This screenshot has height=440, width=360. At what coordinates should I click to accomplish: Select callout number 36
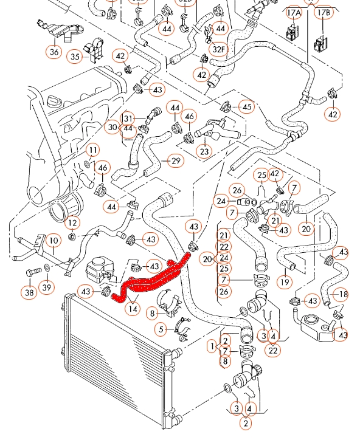54,52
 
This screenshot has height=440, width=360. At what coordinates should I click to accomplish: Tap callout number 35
75,57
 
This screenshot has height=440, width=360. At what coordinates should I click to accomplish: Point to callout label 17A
294,13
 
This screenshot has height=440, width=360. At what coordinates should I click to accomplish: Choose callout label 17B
324,13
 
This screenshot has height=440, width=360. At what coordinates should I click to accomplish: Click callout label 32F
218,49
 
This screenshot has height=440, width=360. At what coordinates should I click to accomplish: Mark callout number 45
246,107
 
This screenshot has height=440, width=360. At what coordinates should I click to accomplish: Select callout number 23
204,151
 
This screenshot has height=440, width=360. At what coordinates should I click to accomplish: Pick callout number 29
176,161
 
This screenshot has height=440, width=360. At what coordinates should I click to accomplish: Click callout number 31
128,119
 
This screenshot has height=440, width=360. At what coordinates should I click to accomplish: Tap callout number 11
93,150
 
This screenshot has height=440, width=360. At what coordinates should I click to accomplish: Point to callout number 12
72,223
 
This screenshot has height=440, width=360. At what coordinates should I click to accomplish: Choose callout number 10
54,241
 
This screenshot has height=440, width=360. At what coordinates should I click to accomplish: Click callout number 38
29,292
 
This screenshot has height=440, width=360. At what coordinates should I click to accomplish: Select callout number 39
47,287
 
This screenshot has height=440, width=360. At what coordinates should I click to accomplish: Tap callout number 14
133,309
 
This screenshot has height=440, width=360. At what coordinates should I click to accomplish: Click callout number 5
161,329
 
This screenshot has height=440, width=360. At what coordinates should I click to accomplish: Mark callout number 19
285,282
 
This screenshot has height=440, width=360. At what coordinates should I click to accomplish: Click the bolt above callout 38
33,272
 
